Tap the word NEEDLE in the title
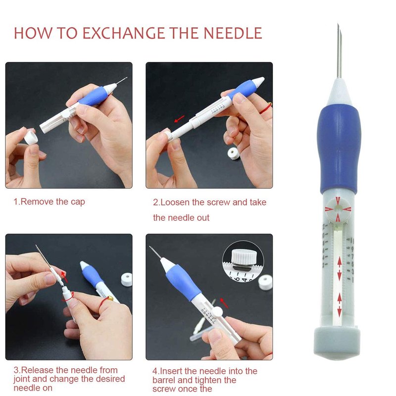[x=233, y=33]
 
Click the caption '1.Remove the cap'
[x=49, y=202]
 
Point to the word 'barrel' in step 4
[x=164, y=380]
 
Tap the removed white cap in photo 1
[x=31, y=137]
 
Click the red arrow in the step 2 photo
[x=179, y=119]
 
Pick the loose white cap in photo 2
[x=234, y=153]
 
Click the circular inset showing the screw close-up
[x=243, y=261]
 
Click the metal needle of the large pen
[x=339, y=51]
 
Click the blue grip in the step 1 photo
[x=92, y=97]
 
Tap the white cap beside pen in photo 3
[x=127, y=279]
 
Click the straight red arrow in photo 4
[x=224, y=303]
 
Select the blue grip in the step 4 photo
[x=183, y=282]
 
